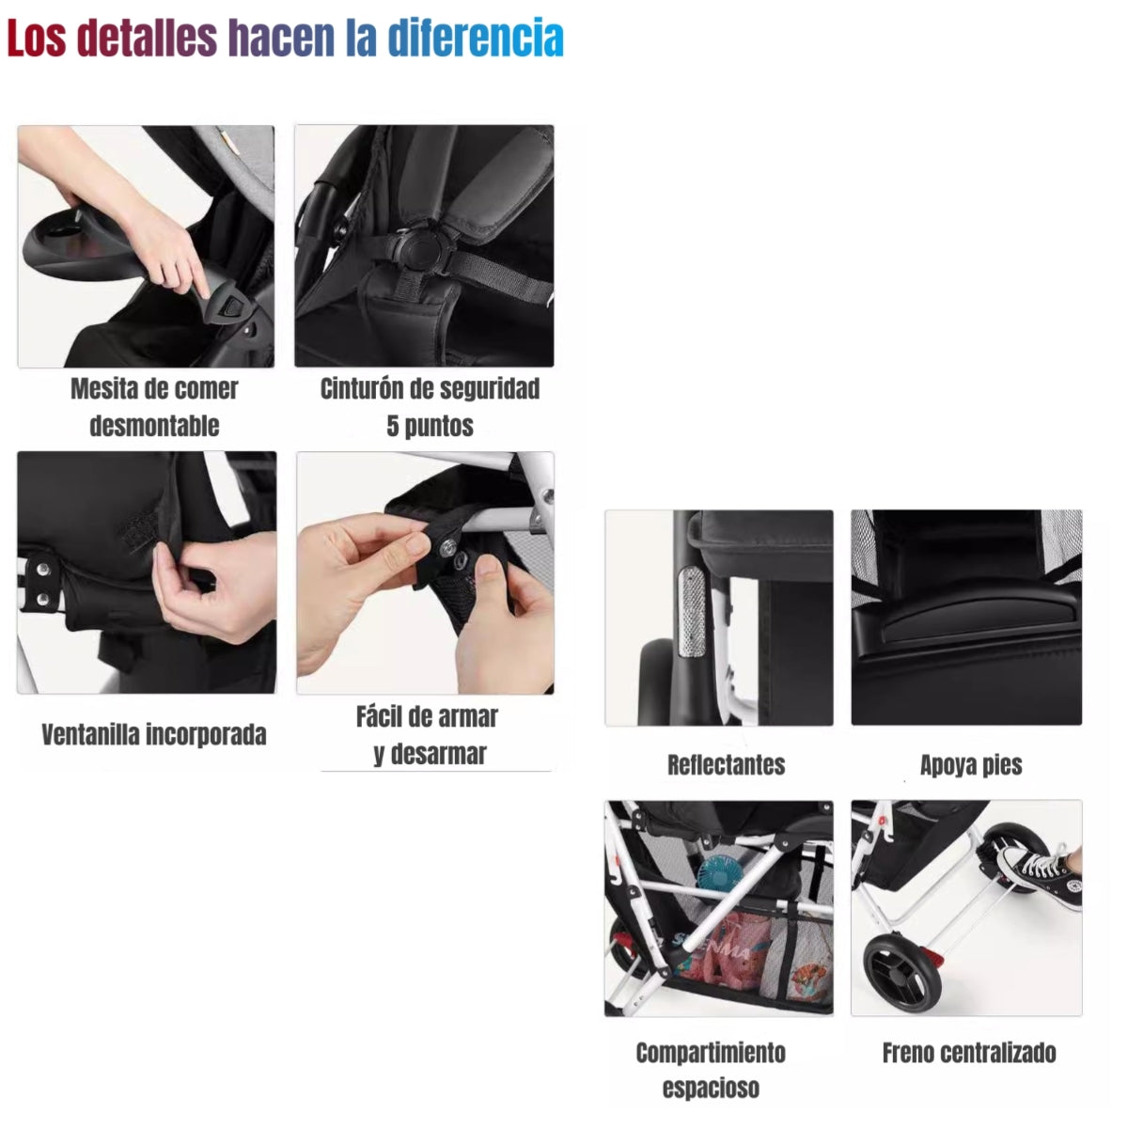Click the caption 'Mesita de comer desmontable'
(x=154, y=407)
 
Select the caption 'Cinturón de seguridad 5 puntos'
(x=430, y=407)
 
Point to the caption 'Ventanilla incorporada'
(x=154, y=734)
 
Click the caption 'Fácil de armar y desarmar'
(x=428, y=735)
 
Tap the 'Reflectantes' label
(x=726, y=764)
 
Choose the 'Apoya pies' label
(x=970, y=764)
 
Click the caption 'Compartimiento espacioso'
(x=711, y=1070)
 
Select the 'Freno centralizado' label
(x=968, y=1053)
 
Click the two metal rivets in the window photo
(x=40, y=583)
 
